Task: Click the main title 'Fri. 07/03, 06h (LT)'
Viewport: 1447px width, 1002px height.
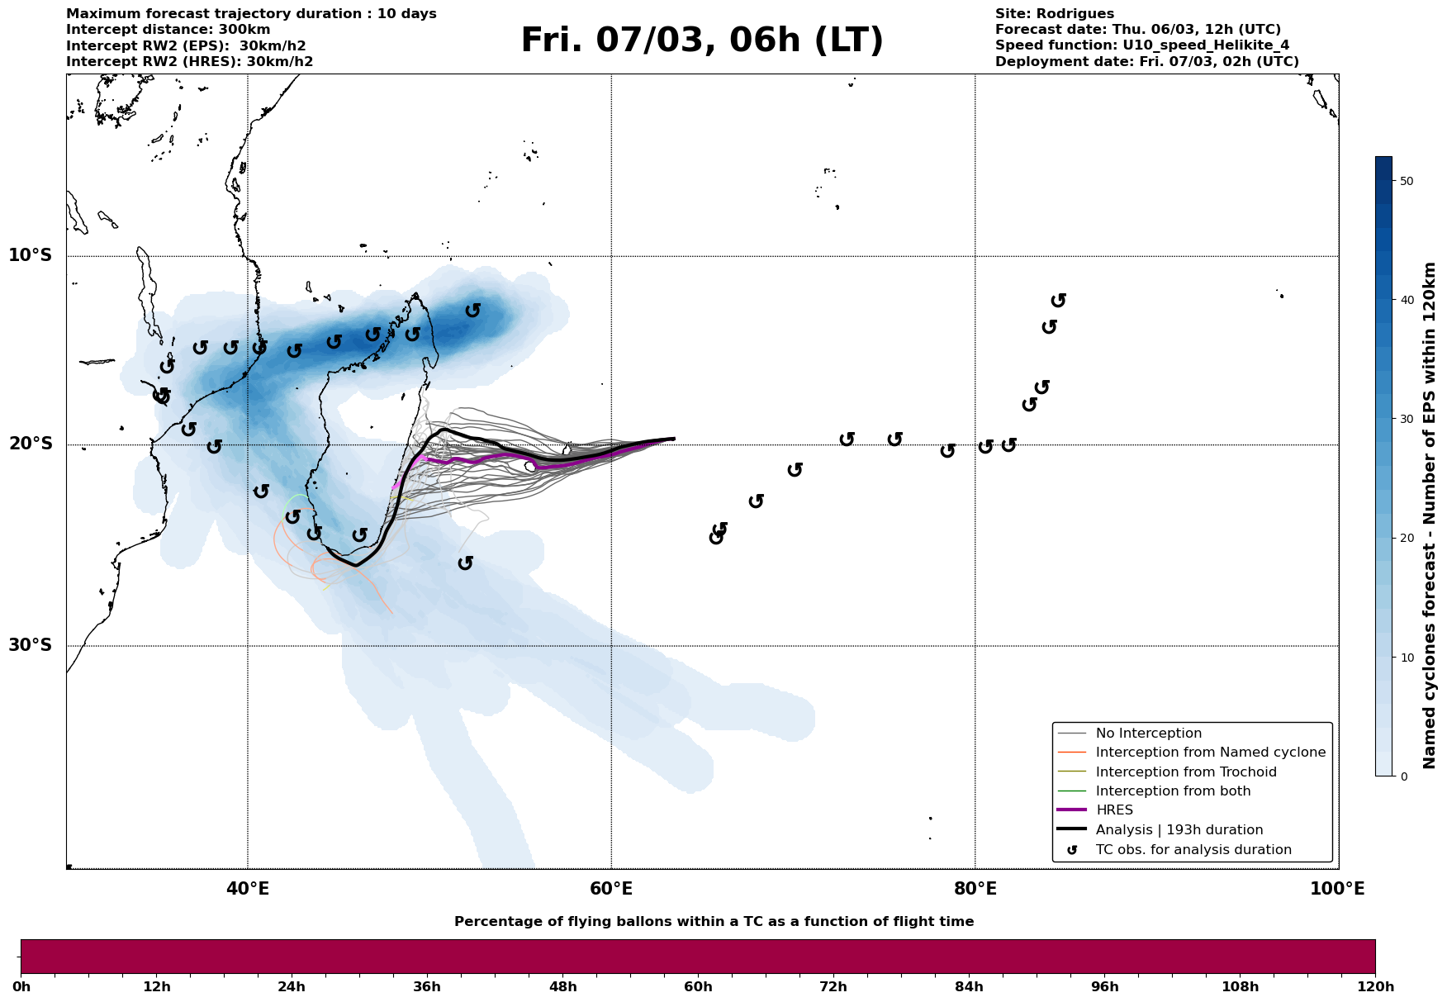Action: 702,40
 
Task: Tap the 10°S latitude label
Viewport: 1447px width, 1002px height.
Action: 31,255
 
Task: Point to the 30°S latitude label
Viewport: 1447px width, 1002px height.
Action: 31,645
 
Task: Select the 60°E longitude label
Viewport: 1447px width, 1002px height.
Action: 611,889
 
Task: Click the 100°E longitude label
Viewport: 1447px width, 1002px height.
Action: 1338,889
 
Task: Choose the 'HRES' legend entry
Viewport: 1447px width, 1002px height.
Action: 1114,810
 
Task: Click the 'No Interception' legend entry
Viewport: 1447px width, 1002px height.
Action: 1148,734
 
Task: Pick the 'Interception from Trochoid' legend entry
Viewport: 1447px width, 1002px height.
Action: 1186,772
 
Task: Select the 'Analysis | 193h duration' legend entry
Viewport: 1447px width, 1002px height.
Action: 1179,830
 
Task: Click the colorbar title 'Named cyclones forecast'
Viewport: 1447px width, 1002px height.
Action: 1430,515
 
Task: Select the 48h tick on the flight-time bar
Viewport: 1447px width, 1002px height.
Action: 562,987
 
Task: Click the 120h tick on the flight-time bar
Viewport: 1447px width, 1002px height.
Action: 1374,987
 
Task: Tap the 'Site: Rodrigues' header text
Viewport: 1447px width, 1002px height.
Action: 1054,14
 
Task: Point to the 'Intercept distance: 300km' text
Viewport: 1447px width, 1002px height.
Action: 156,30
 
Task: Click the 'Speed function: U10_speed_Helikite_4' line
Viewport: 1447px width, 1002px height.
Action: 1141,45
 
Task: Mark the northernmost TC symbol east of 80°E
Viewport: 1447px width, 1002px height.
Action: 1058,301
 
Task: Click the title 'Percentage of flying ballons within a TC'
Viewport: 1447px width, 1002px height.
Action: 714,922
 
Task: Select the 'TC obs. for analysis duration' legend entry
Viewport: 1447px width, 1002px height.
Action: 1193,850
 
